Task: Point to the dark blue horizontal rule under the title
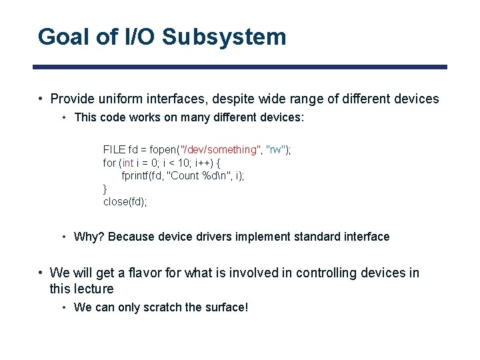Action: [x=240, y=67]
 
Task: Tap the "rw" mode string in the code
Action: [x=275, y=149]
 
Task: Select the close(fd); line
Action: [x=125, y=201]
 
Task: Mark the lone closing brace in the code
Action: [x=105, y=189]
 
